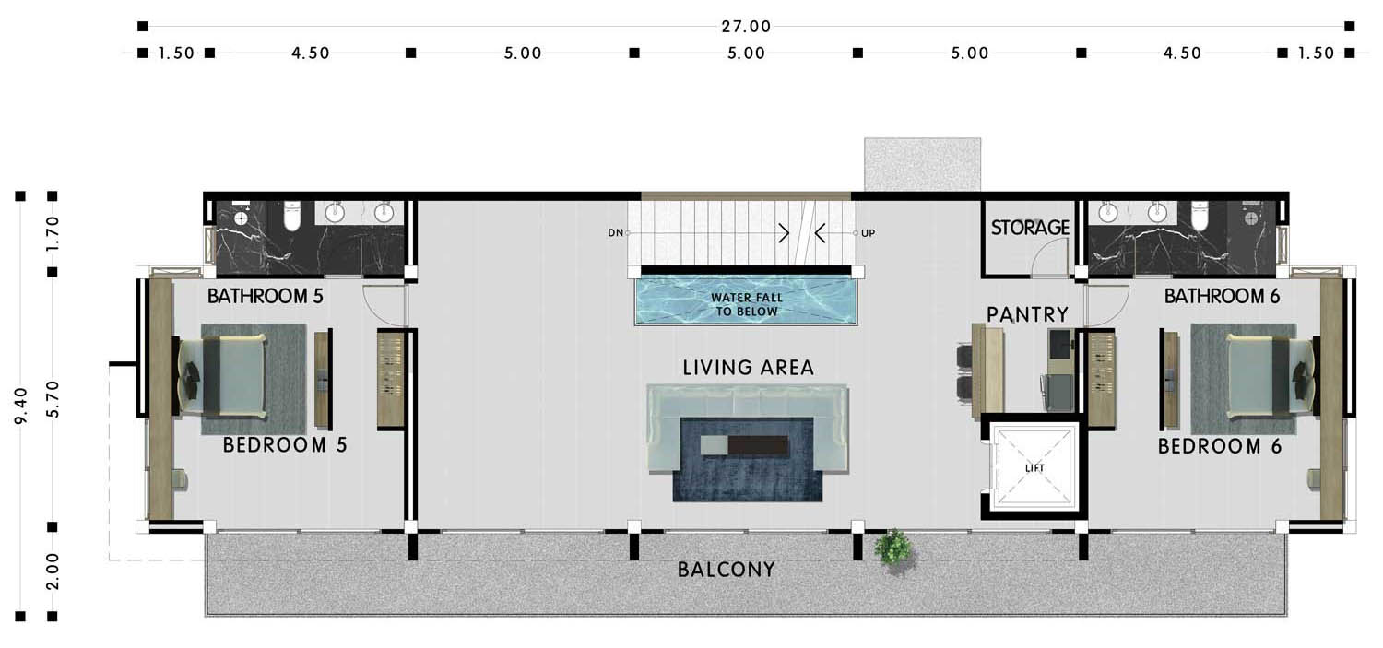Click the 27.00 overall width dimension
coord(746,27)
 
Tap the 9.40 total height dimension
coord(21,406)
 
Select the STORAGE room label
coord(1030,228)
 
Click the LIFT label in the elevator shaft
coord(1034,468)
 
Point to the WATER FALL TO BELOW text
coord(747,305)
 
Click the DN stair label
coord(616,233)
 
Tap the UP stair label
coord(869,233)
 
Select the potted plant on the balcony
coord(893,548)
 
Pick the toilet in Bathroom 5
coord(292,216)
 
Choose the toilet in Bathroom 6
coord(1199,216)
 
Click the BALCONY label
coord(727,570)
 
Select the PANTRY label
coord(1027,314)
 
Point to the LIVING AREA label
coord(749,368)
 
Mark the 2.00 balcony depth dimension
coord(53,571)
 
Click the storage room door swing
coord(1049,257)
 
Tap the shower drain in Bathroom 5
coord(242,218)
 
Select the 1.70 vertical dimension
coord(53,233)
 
